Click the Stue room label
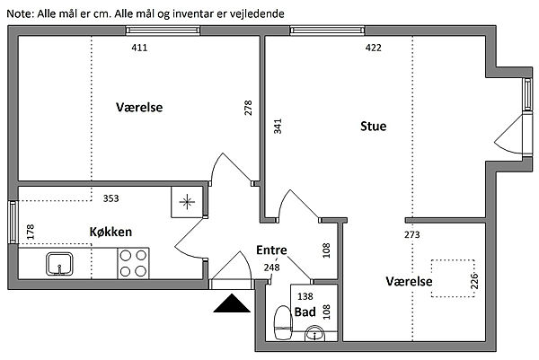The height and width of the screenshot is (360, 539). [x=374, y=126]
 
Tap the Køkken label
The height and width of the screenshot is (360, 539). [x=110, y=232]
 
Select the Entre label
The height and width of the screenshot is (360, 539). [x=271, y=250]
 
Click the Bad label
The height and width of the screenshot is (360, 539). [x=305, y=312]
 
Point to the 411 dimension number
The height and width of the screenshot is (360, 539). [x=139, y=48]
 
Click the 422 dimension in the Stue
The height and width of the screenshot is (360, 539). [x=374, y=48]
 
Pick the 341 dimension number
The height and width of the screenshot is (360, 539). [x=278, y=126]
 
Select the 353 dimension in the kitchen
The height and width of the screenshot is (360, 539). [x=111, y=198]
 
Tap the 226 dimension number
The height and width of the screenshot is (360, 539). [x=474, y=281]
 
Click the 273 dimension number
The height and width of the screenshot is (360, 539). [x=411, y=234]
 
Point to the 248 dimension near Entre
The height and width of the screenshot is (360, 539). [x=272, y=268]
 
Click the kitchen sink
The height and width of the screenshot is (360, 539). [x=60, y=264]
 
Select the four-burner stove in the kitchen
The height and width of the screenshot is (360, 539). [x=133, y=263]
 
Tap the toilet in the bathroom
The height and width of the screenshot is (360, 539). [x=283, y=323]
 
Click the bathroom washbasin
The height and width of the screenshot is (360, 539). [x=315, y=333]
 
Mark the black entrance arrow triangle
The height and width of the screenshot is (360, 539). [x=232, y=303]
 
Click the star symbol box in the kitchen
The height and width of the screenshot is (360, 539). [x=187, y=202]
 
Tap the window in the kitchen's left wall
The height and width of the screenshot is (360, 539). [x=13, y=223]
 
